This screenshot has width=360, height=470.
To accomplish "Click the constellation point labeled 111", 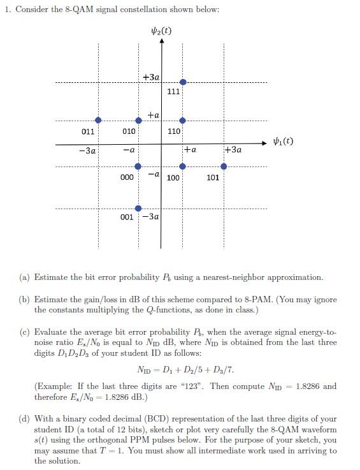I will [x=183, y=82].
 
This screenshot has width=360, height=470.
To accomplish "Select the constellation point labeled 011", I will [x=98, y=120].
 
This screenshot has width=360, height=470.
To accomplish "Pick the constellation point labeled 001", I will [x=138, y=208].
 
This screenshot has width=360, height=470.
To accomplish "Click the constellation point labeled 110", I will [x=183, y=120].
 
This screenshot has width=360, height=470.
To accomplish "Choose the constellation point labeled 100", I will [x=183, y=166].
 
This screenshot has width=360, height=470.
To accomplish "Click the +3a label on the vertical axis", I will [x=151, y=77].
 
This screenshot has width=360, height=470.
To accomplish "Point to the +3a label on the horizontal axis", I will [x=233, y=150].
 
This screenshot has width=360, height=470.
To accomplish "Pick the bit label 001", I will [x=127, y=217].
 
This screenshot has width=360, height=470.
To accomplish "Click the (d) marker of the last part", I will [x=24, y=420].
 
